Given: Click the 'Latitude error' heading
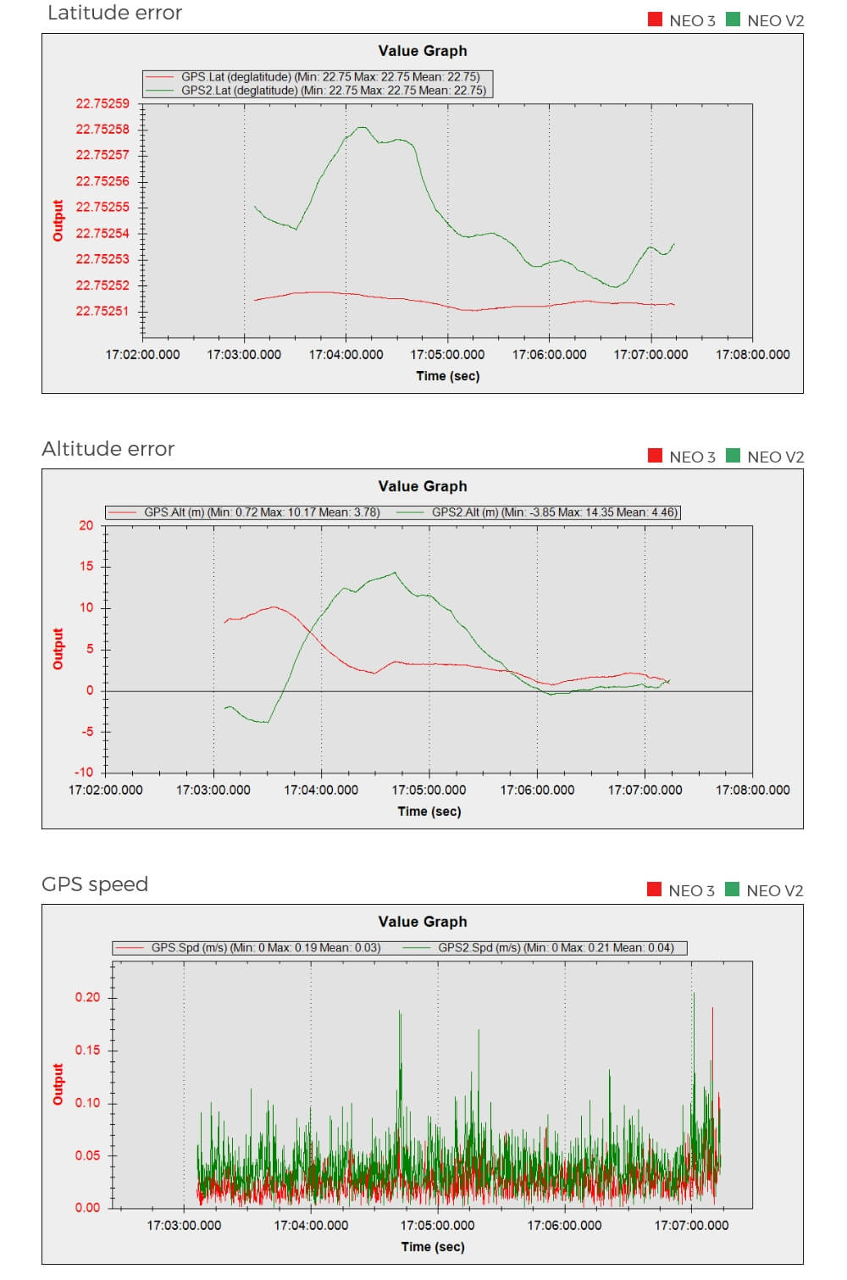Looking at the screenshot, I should pos(114,13).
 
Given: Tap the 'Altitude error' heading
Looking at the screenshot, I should pos(108,449).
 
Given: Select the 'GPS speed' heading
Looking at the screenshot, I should pos(95,884).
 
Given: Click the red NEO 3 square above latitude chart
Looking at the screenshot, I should pos(655,19).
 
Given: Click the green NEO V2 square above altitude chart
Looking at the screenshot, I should pos(733,456).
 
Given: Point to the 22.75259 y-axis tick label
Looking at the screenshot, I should pos(102,103).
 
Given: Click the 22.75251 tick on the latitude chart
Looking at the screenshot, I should pos(102,311).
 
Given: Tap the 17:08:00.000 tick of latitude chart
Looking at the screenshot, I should pos(752,355).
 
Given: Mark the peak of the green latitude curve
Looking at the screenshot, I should pos(363,127).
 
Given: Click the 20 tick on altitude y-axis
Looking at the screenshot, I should pos(86,525).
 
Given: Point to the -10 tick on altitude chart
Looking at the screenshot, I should pos(84,773).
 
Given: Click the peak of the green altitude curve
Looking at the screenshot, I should pos(395,573).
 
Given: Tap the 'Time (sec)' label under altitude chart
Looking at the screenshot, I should pos(429,812).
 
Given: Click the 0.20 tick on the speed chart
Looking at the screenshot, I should pos(87,997).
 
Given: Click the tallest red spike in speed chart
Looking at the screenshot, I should pos(712,1008).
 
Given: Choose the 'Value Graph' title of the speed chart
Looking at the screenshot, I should pos(423,922).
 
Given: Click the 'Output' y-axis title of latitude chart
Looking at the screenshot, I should pos(58,220).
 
